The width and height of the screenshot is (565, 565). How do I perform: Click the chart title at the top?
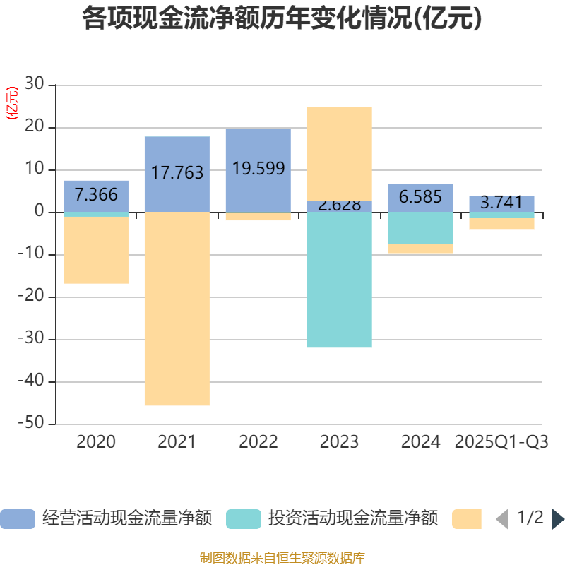pos(282,19)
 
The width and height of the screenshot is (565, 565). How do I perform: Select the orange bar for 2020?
pos(96,250)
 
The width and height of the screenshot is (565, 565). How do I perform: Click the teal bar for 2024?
pos(420,228)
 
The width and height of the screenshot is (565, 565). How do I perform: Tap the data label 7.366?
pos(96,195)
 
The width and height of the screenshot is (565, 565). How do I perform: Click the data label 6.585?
pos(420,197)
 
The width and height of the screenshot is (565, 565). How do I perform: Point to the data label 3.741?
pos(501,203)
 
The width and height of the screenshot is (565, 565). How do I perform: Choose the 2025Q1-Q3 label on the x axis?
pos(501,442)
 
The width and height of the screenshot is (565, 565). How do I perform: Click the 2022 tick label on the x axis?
pos(258,442)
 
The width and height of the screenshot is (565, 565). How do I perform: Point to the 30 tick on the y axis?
pos(37,85)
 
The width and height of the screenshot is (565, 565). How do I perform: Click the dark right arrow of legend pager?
pos(558,519)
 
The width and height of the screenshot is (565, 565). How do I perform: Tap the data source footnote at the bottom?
pos(282,558)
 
